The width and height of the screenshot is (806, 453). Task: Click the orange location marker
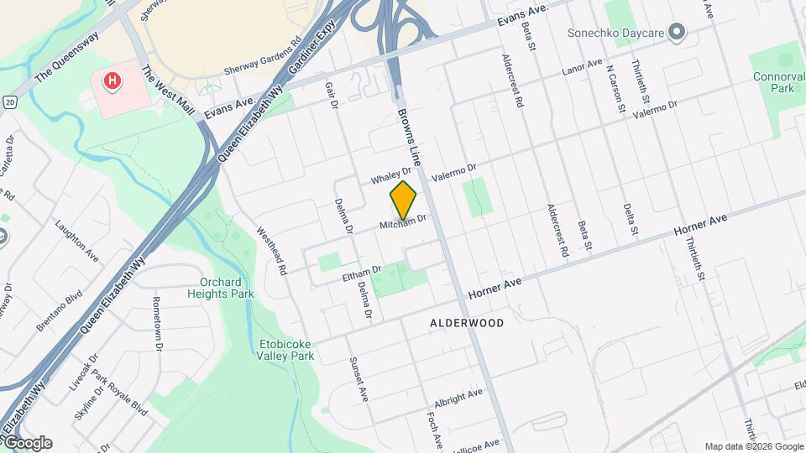(x=404, y=200)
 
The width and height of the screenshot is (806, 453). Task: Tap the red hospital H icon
(x=111, y=81)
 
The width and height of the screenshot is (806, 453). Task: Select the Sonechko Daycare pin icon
(x=678, y=33)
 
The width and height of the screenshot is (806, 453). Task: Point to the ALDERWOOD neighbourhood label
(x=467, y=323)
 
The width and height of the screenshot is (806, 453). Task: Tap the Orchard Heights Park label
(x=227, y=288)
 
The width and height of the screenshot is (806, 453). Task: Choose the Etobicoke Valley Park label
(x=285, y=349)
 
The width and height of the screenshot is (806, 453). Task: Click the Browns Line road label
(x=409, y=135)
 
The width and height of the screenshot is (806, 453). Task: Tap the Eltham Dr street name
(x=362, y=273)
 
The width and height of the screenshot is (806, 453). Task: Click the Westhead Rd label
(x=272, y=252)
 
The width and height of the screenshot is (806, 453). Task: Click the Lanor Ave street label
(x=583, y=65)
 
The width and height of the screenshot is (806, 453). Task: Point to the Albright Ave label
(x=458, y=395)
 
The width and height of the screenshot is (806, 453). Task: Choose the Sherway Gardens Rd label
(x=263, y=56)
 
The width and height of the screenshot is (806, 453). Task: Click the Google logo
(x=27, y=443)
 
